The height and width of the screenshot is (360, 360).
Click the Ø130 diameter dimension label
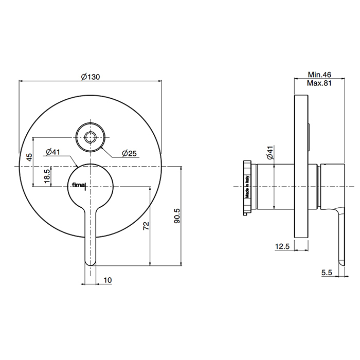coord(91,77)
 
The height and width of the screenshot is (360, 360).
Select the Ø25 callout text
coord(129,153)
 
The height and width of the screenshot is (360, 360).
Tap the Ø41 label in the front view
coord(52,152)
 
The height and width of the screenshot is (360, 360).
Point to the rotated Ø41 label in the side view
coord(270,153)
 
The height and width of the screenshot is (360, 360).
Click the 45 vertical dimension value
coord(29,157)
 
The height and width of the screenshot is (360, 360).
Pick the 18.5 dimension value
coord(47,176)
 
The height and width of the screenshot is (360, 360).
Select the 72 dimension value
coord(146,226)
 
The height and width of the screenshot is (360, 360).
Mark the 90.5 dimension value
coord(177,216)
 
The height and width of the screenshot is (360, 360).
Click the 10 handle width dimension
coord(107,280)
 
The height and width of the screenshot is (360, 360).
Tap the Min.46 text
coord(319,75)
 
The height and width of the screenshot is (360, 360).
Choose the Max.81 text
coord(319,83)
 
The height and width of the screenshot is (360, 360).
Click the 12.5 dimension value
coord(282,246)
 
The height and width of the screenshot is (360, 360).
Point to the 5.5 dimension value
coord(327,273)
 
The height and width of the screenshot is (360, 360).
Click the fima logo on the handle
coord(79,185)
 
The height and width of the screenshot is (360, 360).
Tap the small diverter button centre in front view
coord(91,137)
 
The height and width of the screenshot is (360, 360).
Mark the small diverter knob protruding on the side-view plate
coord(309,137)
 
